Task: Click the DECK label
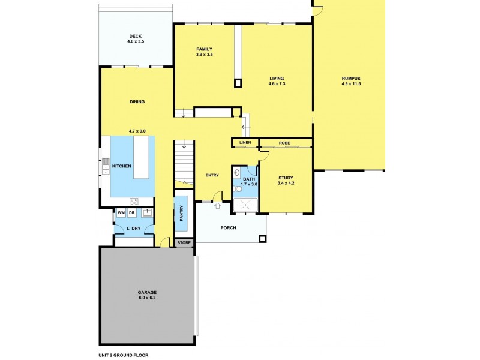click(135, 36)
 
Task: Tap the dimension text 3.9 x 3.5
click(204, 55)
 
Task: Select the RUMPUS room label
click(351, 78)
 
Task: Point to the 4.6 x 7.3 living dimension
click(277, 84)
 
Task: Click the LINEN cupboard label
click(245, 143)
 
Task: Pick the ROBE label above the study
click(284, 143)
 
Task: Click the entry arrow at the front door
click(217, 206)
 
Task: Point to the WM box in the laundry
click(121, 213)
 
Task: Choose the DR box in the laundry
click(131, 213)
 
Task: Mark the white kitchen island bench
click(142, 158)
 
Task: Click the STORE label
click(184, 243)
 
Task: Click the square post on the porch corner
click(262, 239)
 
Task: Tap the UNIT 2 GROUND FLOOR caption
click(123, 355)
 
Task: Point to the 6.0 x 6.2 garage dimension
click(147, 298)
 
